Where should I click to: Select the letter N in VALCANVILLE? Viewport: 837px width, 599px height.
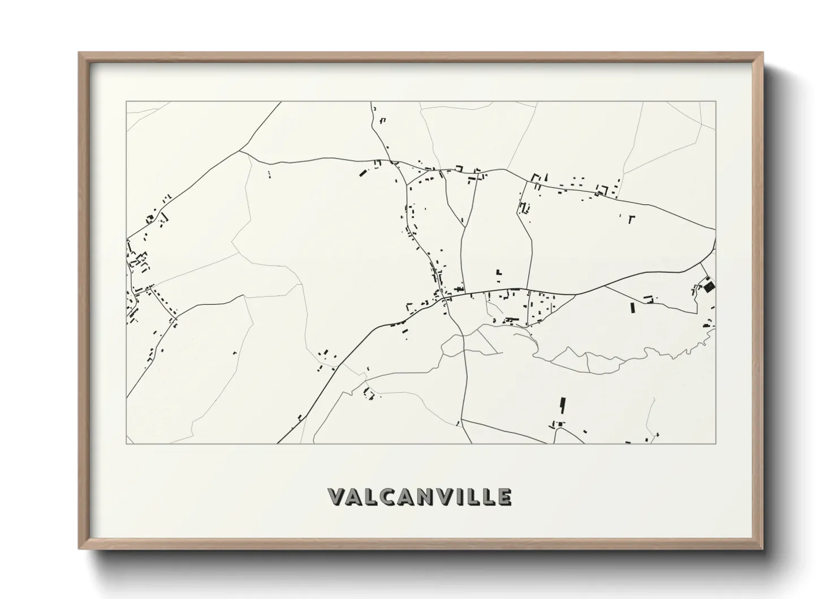[428, 497]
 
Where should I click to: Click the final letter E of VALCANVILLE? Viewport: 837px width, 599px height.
[504, 497]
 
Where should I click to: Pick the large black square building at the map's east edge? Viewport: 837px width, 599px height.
[709, 286]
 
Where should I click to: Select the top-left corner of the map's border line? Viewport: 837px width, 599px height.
[126, 102]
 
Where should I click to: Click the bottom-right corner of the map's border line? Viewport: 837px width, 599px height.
[715, 443]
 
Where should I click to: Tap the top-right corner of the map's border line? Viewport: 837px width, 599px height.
[715, 102]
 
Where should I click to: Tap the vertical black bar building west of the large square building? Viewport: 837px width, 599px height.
[632, 307]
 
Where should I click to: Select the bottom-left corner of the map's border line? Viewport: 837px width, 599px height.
[126, 443]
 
